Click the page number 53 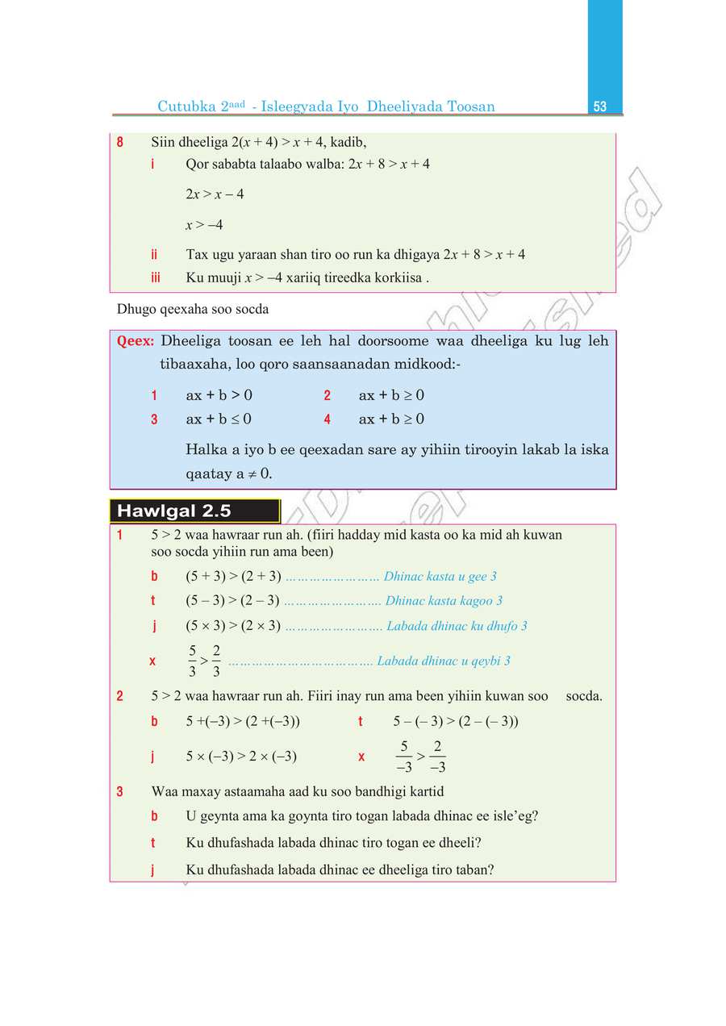click(x=599, y=106)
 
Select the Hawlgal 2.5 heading click(x=174, y=511)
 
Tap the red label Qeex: click(x=136, y=341)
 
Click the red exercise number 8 click(x=120, y=143)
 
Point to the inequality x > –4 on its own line click(x=204, y=225)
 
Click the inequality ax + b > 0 click(x=219, y=395)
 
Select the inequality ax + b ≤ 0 click(x=219, y=419)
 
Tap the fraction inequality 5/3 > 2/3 click(x=205, y=661)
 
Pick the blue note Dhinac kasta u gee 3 click(x=440, y=576)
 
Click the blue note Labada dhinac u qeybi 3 click(x=443, y=661)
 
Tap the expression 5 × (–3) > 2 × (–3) click(x=241, y=757)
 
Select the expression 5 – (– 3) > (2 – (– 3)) click(x=456, y=721)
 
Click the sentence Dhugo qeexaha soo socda click(x=193, y=309)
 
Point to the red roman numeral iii click(x=155, y=277)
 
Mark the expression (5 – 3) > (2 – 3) click(x=232, y=601)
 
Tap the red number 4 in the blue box click(x=328, y=419)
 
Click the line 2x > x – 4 click(x=215, y=194)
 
